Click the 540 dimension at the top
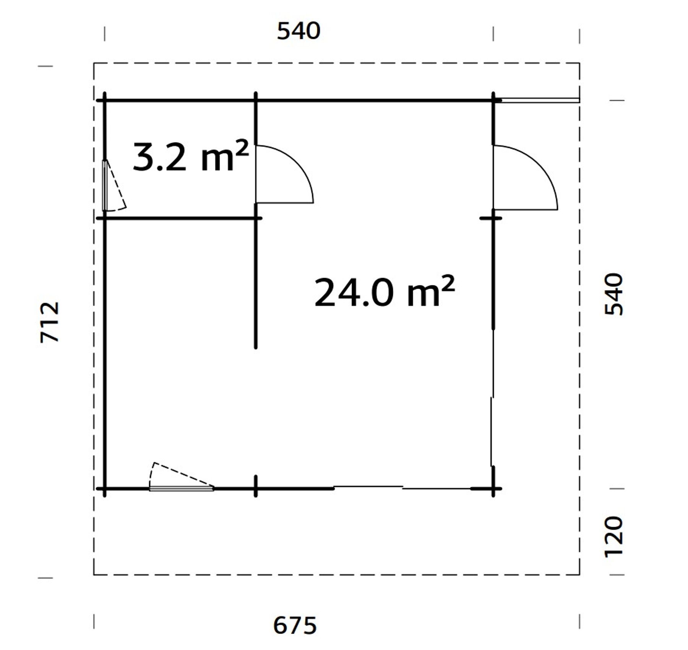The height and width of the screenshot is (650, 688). tap(299, 31)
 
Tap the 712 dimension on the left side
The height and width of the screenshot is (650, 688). tap(50, 322)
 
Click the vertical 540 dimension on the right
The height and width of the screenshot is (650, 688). tap(614, 294)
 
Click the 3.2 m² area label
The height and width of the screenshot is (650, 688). tap(190, 157)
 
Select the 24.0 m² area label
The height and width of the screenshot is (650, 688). tap(384, 292)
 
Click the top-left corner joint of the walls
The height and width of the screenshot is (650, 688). tap(105, 100)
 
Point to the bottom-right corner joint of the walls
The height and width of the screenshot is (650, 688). tap(493, 488)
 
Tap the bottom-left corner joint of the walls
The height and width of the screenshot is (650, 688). tap(105, 488)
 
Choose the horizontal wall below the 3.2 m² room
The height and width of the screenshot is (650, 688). tap(180, 218)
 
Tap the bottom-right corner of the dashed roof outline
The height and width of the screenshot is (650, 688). tap(579, 574)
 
